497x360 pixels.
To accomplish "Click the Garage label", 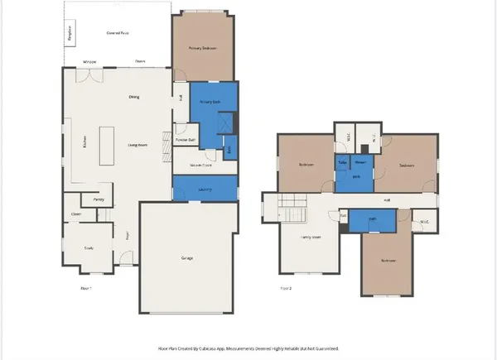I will (187, 258).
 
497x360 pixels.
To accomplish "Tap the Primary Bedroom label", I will (203, 48).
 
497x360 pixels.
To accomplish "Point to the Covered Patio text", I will (118, 32).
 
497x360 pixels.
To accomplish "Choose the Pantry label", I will (98, 199).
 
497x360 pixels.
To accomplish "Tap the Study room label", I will (89, 247).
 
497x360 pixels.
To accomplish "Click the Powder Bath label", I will (186, 140).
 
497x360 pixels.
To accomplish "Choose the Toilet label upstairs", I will (342, 162).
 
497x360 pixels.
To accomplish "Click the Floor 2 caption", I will (286, 288).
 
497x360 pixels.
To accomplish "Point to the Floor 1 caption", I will (84, 288).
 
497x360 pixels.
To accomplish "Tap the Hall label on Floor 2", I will (387, 200).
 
